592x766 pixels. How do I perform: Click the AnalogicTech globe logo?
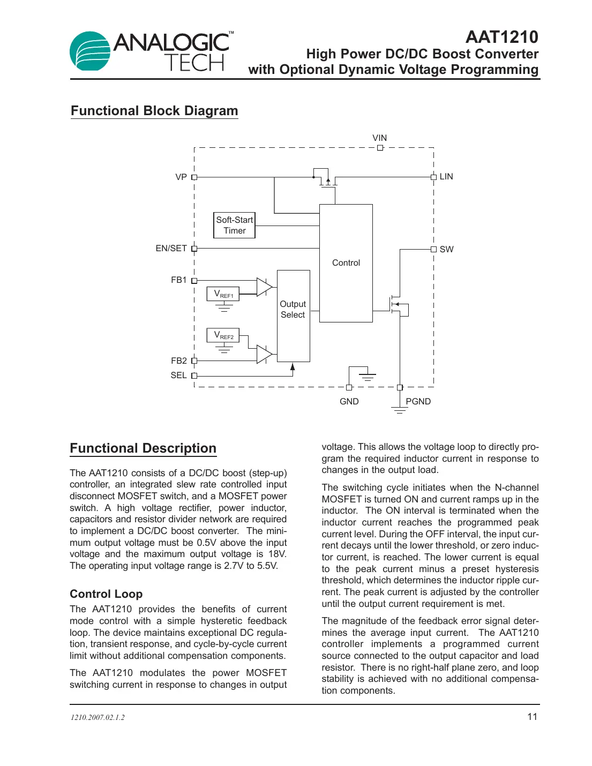click(90, 51)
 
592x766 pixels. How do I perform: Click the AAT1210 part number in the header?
click(501, 37)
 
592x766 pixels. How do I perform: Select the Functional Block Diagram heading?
click(154, 111)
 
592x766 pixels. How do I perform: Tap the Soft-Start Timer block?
click(234, 226)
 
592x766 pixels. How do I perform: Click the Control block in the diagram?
click(346, 263)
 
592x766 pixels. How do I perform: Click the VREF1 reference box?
click(223, 294)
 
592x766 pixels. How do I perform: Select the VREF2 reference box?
click(223, 335)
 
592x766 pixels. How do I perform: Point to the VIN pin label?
click(379, 138)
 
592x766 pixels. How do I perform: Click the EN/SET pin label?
click(171, 249)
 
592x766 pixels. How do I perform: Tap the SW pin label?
click(446, 250)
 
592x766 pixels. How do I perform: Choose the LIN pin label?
click(446, 177)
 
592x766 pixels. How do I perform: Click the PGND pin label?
click(418, 402)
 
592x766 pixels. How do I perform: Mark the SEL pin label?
click(178, 376)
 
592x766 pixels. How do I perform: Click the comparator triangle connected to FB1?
click(264, 287)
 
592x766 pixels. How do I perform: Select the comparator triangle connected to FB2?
click(264, 354)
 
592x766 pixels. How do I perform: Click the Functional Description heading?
click(143, 448)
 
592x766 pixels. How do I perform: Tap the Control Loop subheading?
click(106, 594)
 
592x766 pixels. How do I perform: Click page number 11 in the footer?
click(532, 717)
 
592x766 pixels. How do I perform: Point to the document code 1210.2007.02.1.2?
click(98, 718)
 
